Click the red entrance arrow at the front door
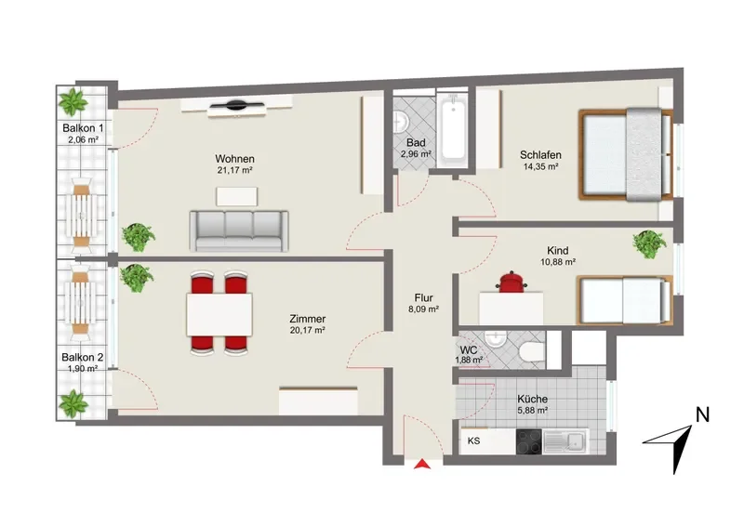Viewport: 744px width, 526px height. point(422,465)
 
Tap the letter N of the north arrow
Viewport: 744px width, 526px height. point(702,415)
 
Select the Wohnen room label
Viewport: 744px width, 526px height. point(234,159)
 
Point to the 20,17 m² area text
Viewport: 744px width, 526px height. point(308,330)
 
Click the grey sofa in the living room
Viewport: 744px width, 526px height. point(239,231)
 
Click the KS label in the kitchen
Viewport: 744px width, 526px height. point(473,441)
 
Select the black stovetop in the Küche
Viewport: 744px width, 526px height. point(528,441)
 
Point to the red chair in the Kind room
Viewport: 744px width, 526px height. point(511,282)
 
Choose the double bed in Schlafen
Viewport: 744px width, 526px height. point(626,154)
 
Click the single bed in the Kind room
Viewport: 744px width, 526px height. point(625,300)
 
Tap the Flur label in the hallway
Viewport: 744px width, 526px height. point(424,298)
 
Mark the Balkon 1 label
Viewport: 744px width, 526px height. point(83,128)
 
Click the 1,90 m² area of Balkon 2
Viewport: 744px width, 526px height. point(83,369)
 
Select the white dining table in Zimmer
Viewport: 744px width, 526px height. point(219,314)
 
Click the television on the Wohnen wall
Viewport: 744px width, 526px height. point(237,105)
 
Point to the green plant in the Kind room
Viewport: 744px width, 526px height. point(649,243)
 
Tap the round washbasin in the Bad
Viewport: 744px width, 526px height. point(400,122)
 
